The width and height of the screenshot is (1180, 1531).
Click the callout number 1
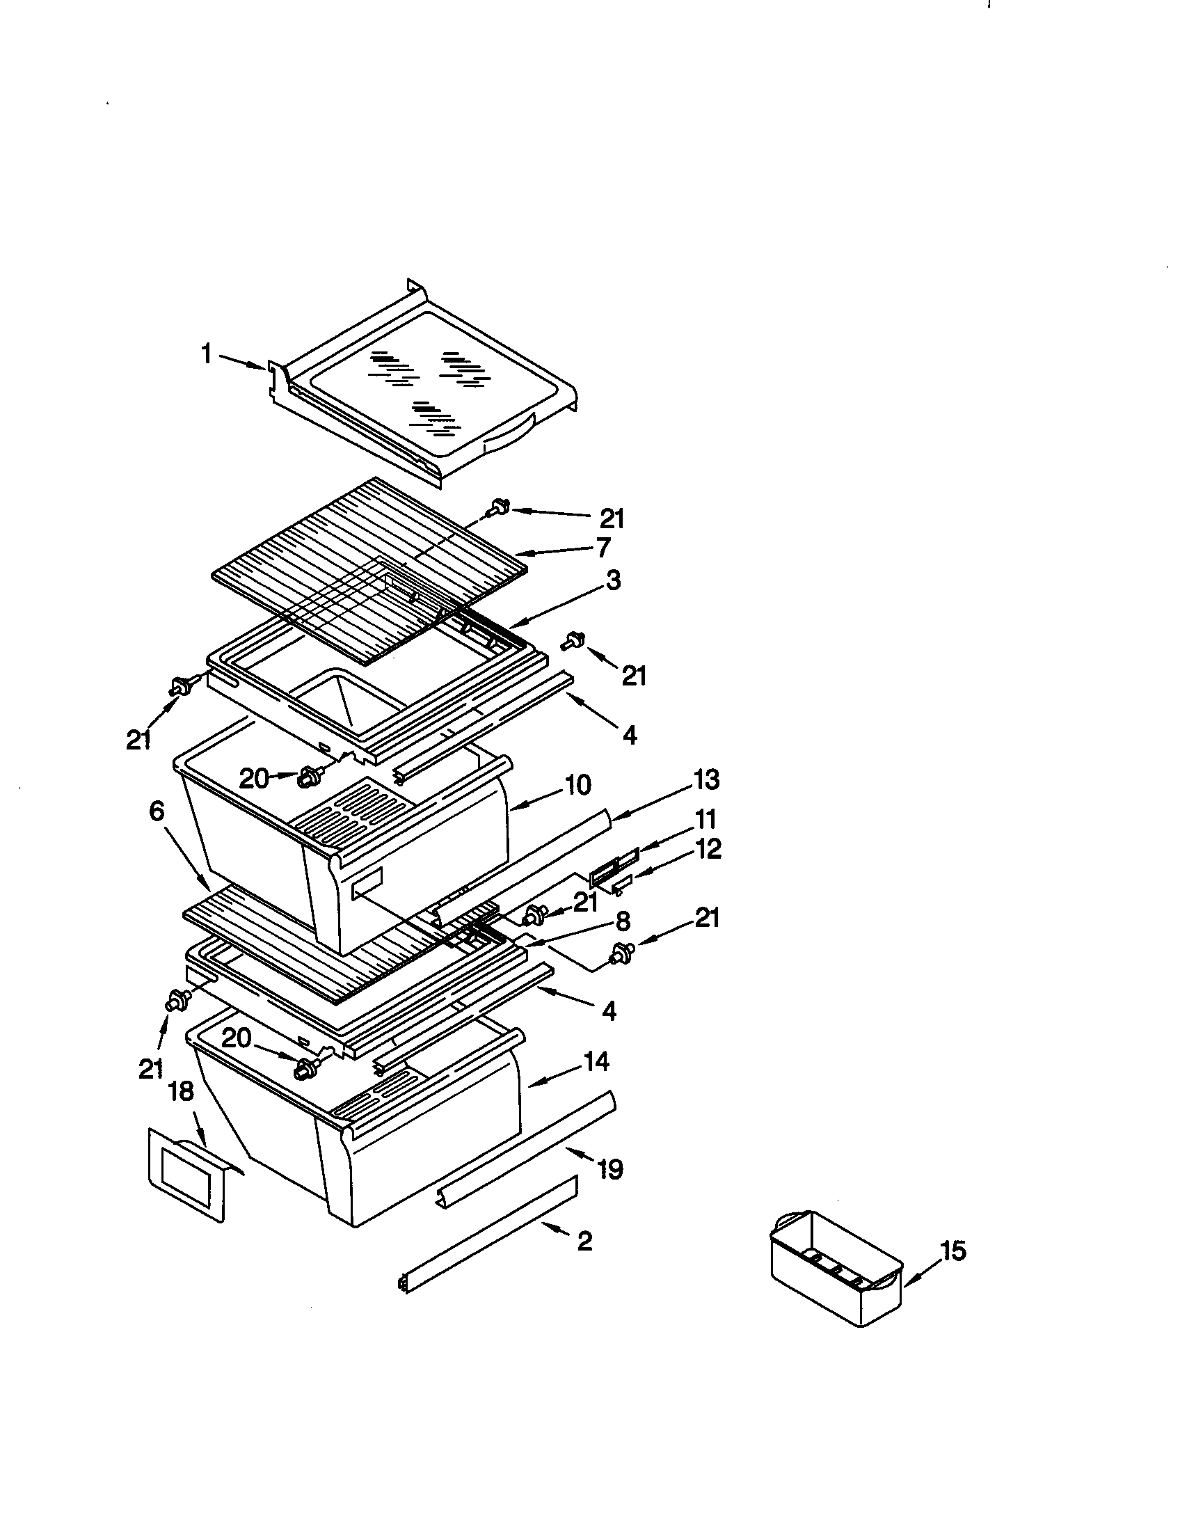tap(207, 354)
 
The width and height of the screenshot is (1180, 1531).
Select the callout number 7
tap(603, 547)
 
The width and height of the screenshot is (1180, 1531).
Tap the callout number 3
tap(613, 580)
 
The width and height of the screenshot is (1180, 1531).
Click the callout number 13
tap(706, 779)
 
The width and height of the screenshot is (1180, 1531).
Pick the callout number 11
tap(704, 819)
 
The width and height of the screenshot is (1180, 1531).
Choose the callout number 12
tap(708, 849)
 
